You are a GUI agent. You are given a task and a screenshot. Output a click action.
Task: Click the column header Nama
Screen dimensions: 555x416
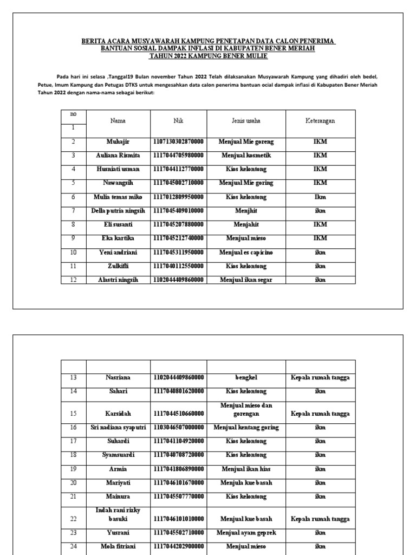(118, 121)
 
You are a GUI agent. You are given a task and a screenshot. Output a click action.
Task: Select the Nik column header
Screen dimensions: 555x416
(178, 121)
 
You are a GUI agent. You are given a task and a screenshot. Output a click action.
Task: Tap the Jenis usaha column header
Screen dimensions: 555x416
(246, 121)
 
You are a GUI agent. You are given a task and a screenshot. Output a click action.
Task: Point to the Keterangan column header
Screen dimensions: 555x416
(320, 121)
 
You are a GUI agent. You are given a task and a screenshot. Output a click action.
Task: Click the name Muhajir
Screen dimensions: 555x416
(118, 141)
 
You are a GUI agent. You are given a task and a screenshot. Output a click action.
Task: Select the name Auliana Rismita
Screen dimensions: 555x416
(118, 155)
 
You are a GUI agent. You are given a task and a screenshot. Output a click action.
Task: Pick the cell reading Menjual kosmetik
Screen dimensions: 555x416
(246, 155)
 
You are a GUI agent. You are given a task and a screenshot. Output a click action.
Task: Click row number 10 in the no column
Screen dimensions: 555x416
(73, 252)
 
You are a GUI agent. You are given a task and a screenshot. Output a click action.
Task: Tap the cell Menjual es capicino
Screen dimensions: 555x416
(246, 252)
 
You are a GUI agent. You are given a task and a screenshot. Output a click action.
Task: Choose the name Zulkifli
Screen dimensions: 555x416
(118, 266)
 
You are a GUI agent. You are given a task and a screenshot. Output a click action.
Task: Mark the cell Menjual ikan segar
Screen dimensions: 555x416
(246, 280)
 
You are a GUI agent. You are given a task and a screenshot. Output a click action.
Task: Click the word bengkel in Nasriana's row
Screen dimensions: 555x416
(246, 377)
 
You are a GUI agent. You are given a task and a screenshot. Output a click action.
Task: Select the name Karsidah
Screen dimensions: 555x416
(118, 413)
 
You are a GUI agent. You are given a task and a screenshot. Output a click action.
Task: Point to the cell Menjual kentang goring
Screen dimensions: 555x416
(246, 427)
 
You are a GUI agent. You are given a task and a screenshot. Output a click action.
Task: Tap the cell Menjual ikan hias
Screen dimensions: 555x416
(246, 468)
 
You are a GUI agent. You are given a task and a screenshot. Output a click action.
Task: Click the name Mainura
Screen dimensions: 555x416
(118, 496)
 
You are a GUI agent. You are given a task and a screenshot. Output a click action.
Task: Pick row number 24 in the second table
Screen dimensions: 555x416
(73, 546)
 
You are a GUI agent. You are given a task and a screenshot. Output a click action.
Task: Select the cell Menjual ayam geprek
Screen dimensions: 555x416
(246, 533)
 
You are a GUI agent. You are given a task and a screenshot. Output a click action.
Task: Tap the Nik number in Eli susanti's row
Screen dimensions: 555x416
(178, 224)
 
